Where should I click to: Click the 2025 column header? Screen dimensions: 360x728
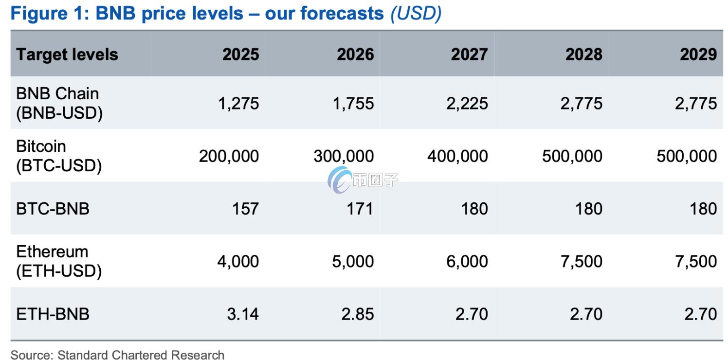coord(240,54)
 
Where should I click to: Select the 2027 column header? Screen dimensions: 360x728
coord(469,54)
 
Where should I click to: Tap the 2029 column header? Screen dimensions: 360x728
coord(698,54)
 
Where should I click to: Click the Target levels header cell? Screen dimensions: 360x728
coord(67,54)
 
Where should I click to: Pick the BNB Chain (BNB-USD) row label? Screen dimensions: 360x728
coord(59,103)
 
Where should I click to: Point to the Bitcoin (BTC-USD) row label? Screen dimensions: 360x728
coord(59,156)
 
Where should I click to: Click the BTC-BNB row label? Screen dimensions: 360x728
coord(53,209)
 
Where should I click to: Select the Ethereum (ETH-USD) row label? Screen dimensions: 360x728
coord(59,261)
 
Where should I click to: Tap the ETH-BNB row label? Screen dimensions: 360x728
coord(53,314)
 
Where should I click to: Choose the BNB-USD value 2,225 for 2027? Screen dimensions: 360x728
coord(467,103)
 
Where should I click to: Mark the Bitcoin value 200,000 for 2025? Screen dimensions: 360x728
coord(229,156)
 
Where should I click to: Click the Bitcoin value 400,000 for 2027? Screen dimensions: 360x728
coord(457,156)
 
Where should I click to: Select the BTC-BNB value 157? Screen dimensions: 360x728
coord(245,209)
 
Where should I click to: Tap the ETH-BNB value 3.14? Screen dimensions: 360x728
coord(243,314)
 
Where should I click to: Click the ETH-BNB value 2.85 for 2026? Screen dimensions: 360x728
coord(357,314)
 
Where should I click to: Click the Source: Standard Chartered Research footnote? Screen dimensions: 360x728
coord(117,355)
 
